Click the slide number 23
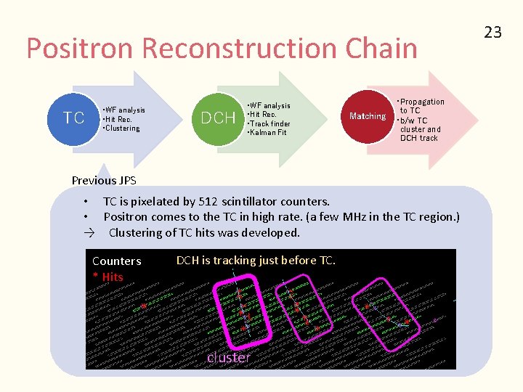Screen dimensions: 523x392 [493, 32]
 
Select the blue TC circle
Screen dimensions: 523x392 [74, 118]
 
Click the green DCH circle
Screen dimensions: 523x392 [218, 118]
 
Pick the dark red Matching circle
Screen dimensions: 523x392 [367, 116]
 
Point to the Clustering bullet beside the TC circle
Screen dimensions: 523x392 [123, 128]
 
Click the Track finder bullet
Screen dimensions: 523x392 [269, 123]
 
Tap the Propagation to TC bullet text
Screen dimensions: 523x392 [422, 106]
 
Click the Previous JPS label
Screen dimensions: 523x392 [104, 180]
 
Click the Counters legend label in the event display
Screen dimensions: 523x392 [117, 261]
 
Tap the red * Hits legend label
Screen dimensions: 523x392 [108, 277]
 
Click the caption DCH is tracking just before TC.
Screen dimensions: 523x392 [256, 260]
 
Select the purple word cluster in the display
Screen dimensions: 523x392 [228, 357]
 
